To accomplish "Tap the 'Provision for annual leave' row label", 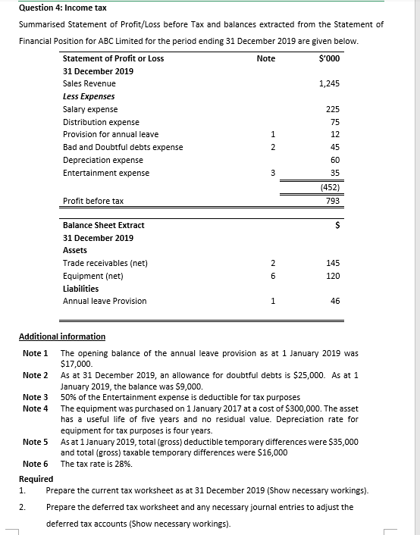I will (x=110, y=134).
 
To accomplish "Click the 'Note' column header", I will (x=266, y=58).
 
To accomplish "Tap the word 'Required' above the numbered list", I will (x=36, y=479).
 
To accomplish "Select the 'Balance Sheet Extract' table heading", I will (x=103, y=225).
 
